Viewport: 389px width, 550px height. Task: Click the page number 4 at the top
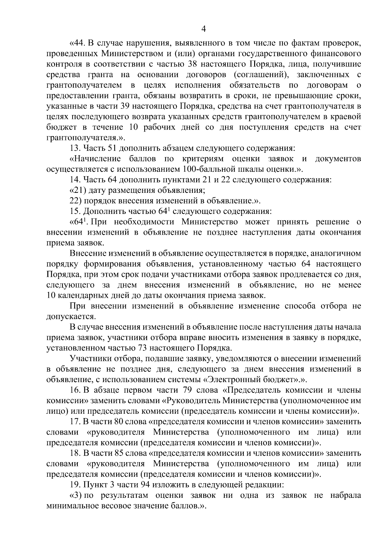[x=204, y=29]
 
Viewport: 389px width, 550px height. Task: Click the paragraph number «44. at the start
[x=78, y=43]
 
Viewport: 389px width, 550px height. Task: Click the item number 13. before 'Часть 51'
[x=75, y=148]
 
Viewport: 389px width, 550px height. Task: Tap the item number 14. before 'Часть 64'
[x=75, y=180]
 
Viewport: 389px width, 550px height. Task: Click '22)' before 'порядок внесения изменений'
[x=76, y=201]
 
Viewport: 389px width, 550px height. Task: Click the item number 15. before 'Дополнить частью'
[x=75, y=211]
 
